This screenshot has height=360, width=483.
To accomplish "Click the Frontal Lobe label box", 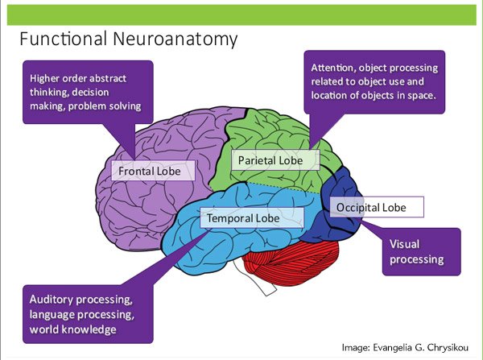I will coord(153,171).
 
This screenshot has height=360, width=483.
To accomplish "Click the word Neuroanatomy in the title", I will coord(182,39).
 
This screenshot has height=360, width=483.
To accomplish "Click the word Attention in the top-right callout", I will coord(332,68).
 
